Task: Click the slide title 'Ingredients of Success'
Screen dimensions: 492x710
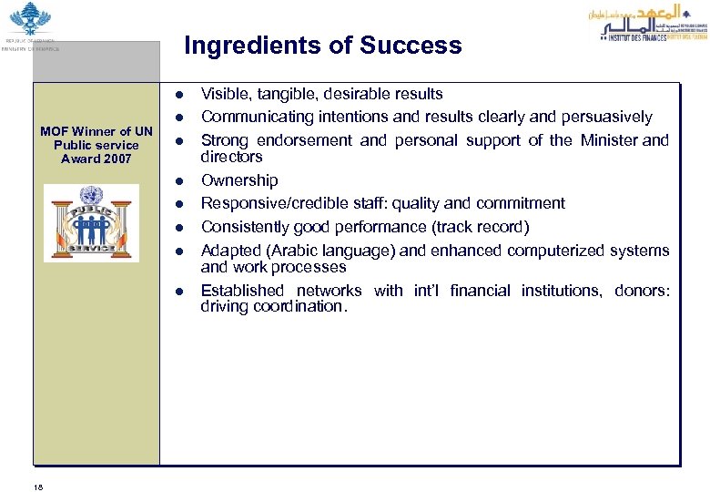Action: coord(322,46)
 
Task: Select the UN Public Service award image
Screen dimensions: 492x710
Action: coord(92,223)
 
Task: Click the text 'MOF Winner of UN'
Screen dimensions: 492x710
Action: coord(96,131)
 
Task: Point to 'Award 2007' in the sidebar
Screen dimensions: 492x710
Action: coord(96,159)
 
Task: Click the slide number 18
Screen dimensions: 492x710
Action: coord(38,487)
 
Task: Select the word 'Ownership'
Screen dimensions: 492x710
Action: coord(239,180)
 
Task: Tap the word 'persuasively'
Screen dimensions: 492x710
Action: coord(606,117)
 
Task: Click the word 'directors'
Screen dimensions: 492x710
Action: coord(231,157)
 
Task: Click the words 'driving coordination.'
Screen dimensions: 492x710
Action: coord(274,307)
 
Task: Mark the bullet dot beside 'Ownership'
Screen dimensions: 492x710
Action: coord(181,181)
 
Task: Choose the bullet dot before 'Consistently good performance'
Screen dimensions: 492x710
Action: coord(181,227)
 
